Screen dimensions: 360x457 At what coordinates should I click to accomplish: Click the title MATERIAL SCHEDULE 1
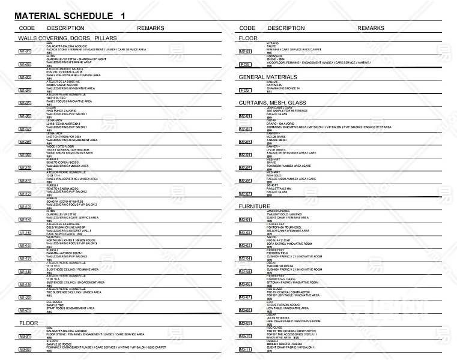point(70,16)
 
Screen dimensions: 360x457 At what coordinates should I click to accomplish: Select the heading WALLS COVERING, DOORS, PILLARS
point(67,37)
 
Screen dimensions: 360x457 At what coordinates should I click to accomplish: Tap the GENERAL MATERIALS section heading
point(268,77)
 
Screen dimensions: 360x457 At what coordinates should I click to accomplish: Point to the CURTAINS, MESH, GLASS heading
point(272,103)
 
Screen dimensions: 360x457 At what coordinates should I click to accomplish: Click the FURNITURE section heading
point(255,206)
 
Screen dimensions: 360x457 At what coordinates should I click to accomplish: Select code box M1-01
point(25,52)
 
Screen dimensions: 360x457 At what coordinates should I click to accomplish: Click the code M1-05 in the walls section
point(25,103)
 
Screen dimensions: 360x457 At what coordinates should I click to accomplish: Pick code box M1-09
point(25,155)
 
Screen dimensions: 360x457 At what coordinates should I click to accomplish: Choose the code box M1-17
point(25,259)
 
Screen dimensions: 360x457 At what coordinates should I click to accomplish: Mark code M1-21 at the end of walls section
point(25,310)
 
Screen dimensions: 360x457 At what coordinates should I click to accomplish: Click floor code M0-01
point(25,336)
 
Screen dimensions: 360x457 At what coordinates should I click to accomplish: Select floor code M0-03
point(245,52)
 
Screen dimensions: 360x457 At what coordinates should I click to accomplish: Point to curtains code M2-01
point(245,116)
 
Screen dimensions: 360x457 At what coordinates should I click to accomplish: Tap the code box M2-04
point(245,155)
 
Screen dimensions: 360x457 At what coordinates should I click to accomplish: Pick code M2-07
point(245,194)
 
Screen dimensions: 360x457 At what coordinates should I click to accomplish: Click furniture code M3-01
point(245,220)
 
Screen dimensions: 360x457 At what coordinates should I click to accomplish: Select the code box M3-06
point(245,284)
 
